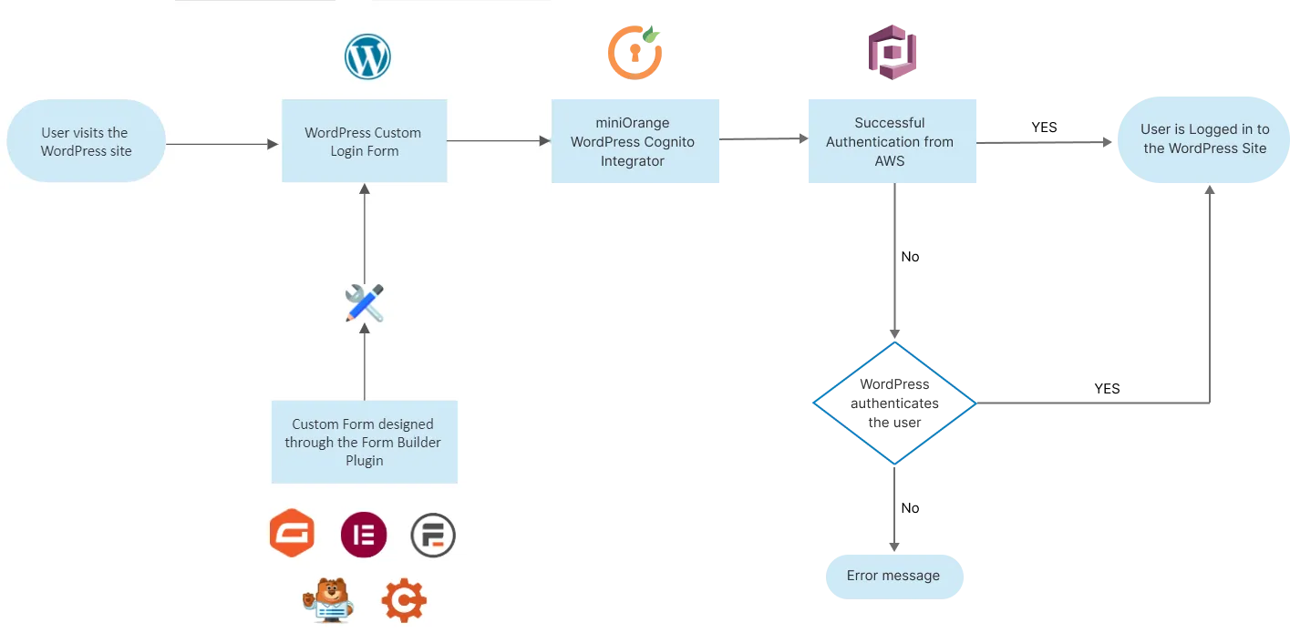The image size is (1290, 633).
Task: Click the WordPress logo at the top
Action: click(x=367, y=57)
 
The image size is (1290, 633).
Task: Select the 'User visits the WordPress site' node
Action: click(x=86, y=141)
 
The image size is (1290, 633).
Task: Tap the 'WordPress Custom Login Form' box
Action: click(x=364, y=141)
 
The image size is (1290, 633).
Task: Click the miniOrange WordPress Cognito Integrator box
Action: click(x=636, y=142)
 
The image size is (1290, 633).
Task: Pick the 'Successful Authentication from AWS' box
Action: click(x=889, y=141)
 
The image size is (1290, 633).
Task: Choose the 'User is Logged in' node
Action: click(x=1203, y=139)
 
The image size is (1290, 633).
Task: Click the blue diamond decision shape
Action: click(x=893, y=403)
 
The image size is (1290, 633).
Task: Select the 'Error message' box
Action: click(x=893, y=576)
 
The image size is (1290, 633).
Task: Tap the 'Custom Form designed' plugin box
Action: click(x=364, y=442)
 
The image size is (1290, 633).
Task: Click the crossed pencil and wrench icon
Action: click(x=365, y=303)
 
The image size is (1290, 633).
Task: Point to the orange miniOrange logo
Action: click(x=635, y=53)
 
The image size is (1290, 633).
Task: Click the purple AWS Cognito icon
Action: click(x=891, y=52)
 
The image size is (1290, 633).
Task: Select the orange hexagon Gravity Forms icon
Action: click(x=292, y=534)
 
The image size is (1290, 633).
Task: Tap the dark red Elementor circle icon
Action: click(x=364, y=535)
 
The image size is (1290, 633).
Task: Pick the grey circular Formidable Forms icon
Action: click(x=432, y=535)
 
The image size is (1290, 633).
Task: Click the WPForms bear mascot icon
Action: click(x=327, y=600)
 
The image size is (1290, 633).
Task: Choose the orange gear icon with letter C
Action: click(x=403, y=600)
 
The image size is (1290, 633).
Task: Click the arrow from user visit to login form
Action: click(x=222, y=143)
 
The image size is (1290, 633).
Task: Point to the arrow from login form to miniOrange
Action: click(x=499, y=141)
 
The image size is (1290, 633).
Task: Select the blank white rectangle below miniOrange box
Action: click(x=688, y=383)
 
